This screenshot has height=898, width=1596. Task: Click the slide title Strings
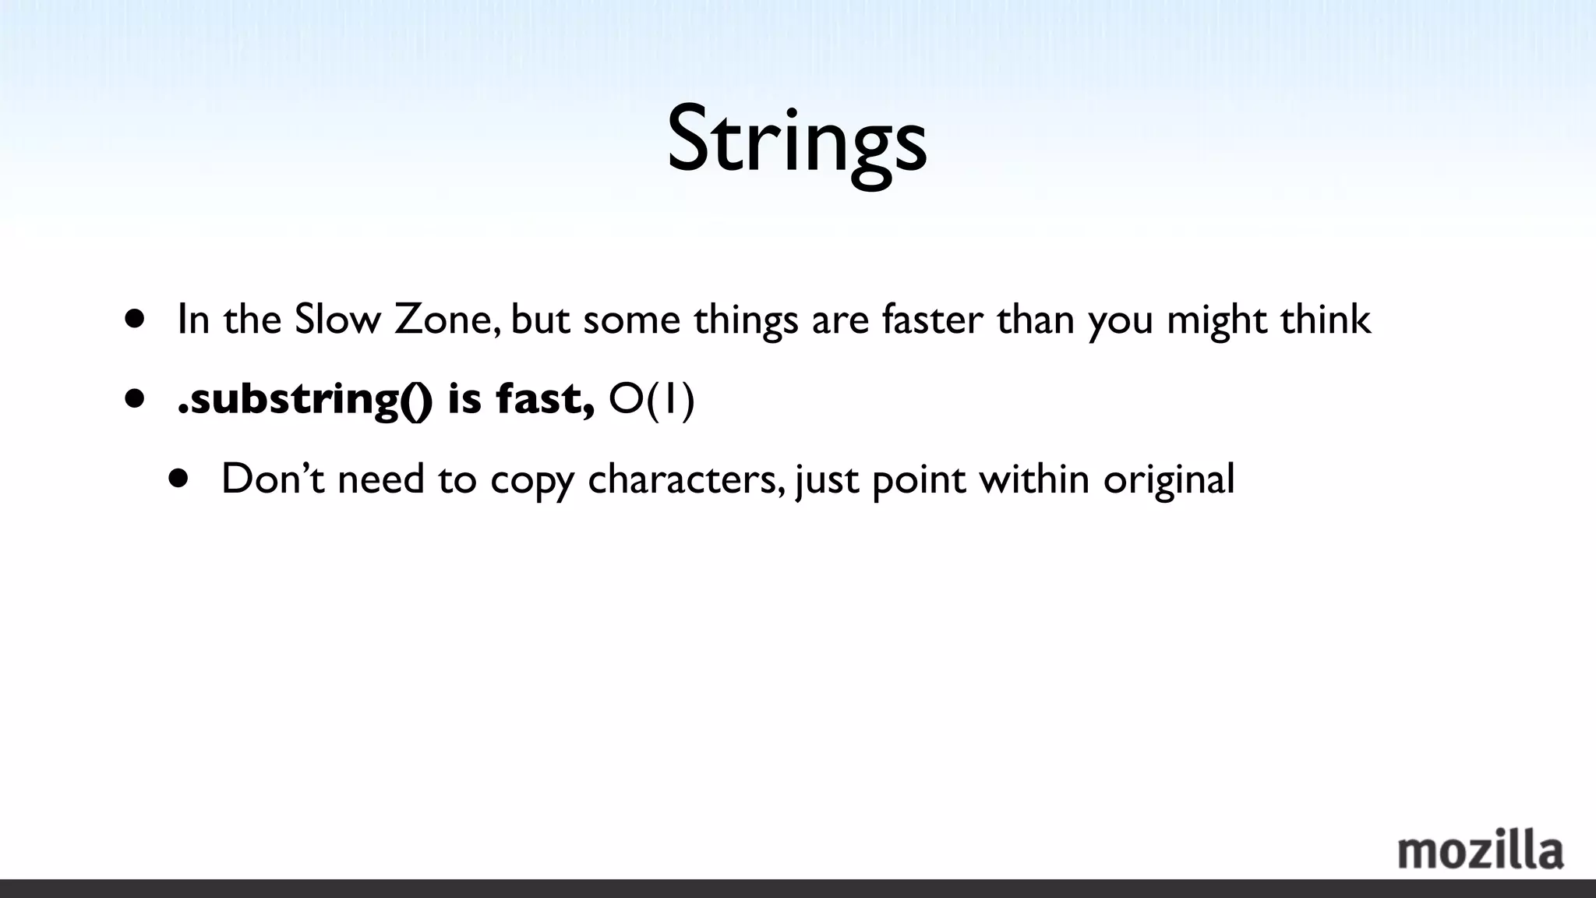pyautogui.click(x=796, y=140)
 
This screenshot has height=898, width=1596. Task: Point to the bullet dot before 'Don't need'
pyautogui.click(x=179, y=478)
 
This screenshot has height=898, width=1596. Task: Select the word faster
pyautogui.click(x=932, y=319)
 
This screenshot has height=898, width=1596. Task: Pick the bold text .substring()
pyautogui.click(x=304, y=399)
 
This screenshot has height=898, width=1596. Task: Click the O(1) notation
pyautogui.click(x=651, y=399)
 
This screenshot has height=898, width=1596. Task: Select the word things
pyautogui.click(x=746, y=320)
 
